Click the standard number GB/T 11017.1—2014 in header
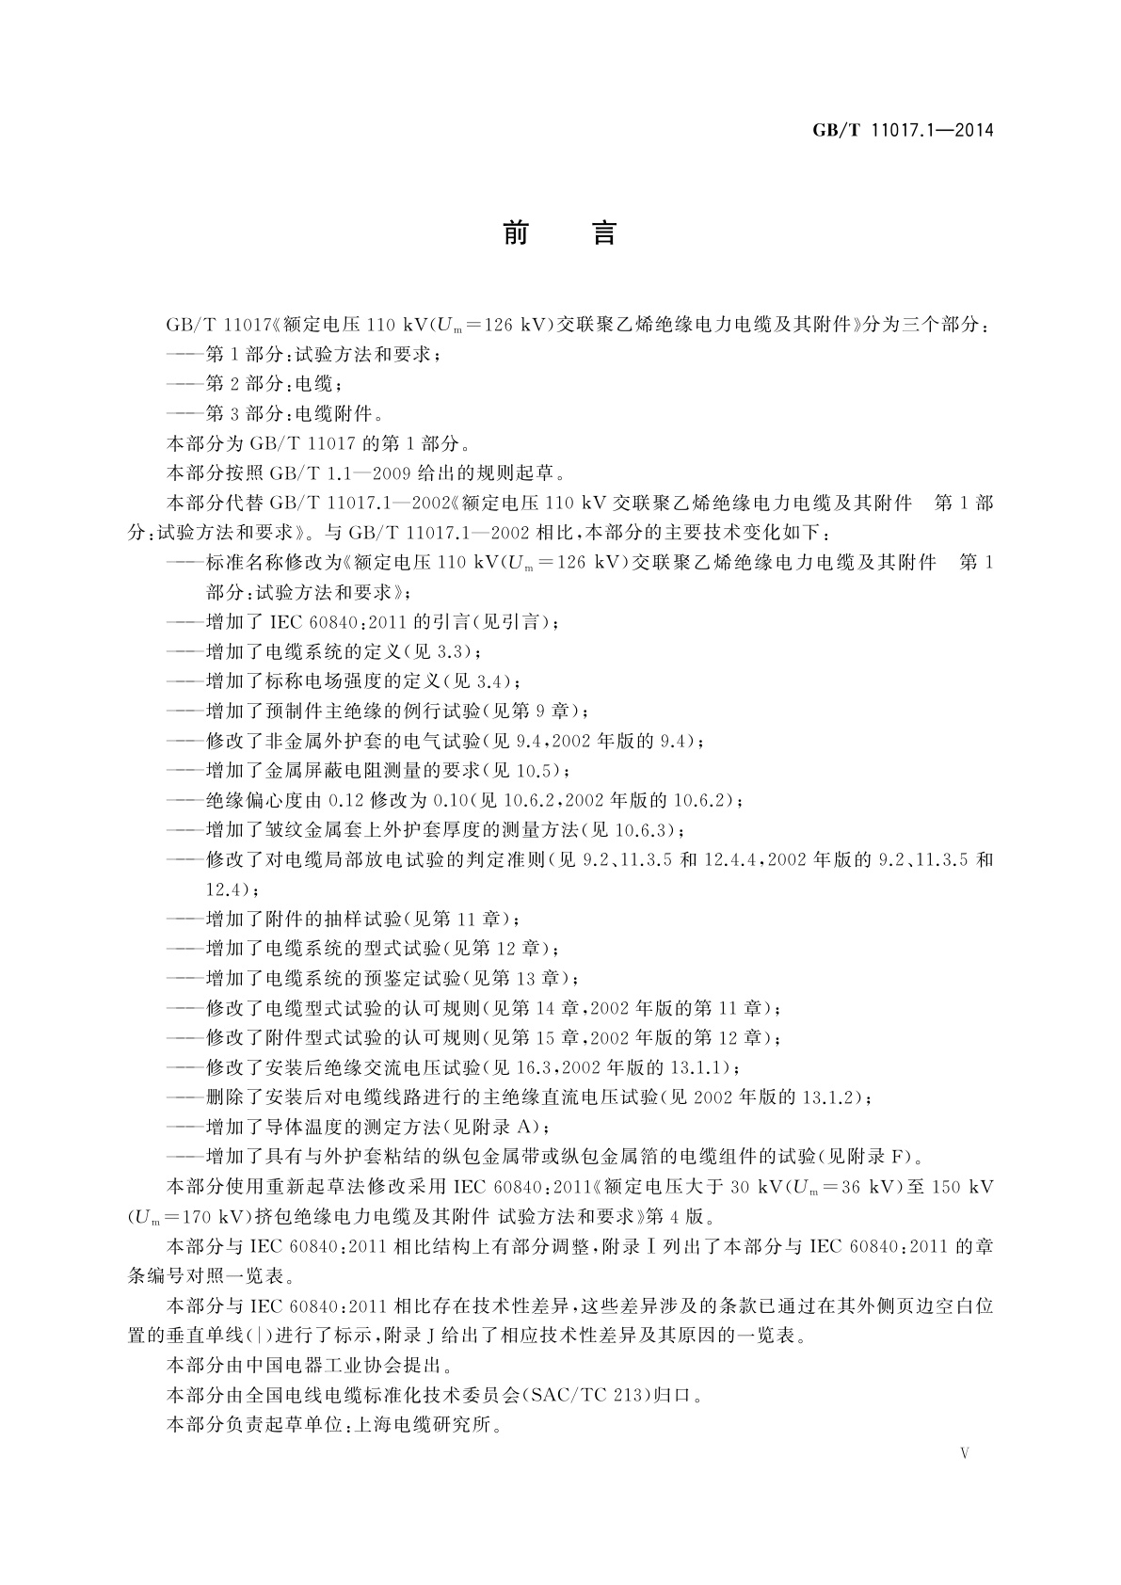point(903,131)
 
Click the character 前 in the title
point(516,232)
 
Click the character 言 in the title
point(603,232)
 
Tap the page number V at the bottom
point(964,1453)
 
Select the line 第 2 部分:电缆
point(273,384)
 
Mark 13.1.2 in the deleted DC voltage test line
point(827,1097)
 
